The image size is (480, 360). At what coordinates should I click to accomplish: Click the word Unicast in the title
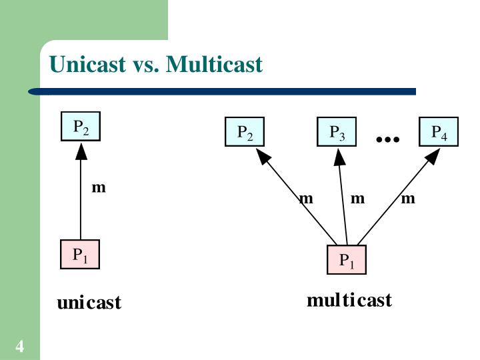tap(86, 65)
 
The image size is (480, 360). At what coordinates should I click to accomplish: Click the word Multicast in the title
tap(214, 65)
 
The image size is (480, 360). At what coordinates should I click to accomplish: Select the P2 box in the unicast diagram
tap(81, 127)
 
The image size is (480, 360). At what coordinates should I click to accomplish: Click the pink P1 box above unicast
tap(80, 255)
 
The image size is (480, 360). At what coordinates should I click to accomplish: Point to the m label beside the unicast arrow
tap(99, 187)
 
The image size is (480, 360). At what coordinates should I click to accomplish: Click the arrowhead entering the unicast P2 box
tap(81, 151)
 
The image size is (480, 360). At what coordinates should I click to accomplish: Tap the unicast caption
tap(89, 303)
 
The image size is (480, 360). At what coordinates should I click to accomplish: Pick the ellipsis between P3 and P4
tap(387, 139)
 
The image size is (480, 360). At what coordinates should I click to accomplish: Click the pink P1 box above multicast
tap(347, 260)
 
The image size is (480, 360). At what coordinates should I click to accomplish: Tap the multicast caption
tap(349, 300)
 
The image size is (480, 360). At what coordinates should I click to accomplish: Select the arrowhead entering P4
tap(432, 156)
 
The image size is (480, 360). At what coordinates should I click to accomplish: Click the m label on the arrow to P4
tap(409, 198)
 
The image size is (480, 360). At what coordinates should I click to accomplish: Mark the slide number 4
tap(20, 347)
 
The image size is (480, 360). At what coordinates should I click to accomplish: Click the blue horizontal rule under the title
tap(227, 91)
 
